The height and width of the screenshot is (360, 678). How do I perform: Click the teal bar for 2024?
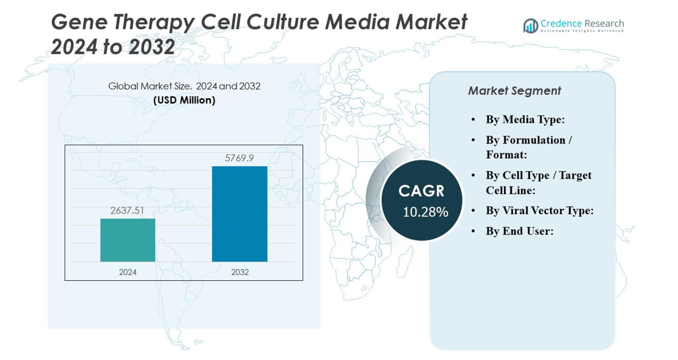click(127, 240)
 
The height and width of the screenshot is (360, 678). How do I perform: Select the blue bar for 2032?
click(239, 214)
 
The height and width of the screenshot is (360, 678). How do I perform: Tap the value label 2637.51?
click(127, 211)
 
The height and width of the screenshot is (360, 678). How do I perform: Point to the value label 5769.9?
click(239, 158)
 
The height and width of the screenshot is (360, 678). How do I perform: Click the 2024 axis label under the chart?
click(127, 272)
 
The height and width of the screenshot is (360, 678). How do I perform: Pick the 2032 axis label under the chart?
click(239, 272)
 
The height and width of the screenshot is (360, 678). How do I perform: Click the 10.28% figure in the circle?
click(425, 212)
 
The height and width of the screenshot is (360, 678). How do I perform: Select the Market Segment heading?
click(514, 91)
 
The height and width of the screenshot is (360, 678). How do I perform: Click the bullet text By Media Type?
click(525, 119)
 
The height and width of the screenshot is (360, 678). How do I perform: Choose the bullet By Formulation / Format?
click(528, 147)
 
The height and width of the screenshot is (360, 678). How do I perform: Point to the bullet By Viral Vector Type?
click(539, 210)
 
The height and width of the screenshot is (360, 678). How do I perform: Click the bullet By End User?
click(519, 231)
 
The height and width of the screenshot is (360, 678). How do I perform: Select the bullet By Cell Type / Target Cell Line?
click(538, 183)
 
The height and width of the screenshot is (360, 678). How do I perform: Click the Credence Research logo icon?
click(530, 26)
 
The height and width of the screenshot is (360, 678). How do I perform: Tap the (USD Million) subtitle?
click(184, 100)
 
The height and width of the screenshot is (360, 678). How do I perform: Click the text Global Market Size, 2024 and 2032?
click(184, 86)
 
